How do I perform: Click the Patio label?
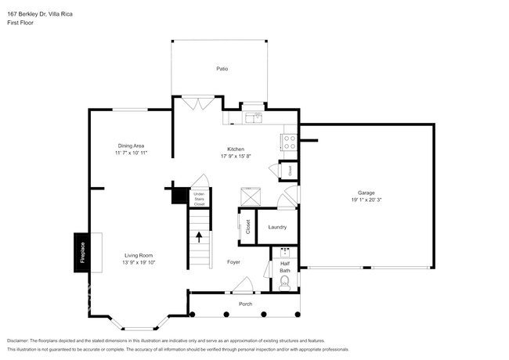coord(222,70)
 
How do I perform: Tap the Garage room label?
coord(366,192)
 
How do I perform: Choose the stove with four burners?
coord(288,142)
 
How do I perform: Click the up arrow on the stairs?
coord(199,237)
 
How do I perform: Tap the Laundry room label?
coord(277,227)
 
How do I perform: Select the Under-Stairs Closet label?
coord(199,199)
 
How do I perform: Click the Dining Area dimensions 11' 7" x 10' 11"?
coord(131,153)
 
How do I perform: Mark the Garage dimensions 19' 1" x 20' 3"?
coord(366,200)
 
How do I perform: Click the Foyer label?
coord(233,261)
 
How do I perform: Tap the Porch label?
coord(245,304)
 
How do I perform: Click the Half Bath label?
coord(285,266)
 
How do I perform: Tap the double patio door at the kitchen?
coord(193,103)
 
